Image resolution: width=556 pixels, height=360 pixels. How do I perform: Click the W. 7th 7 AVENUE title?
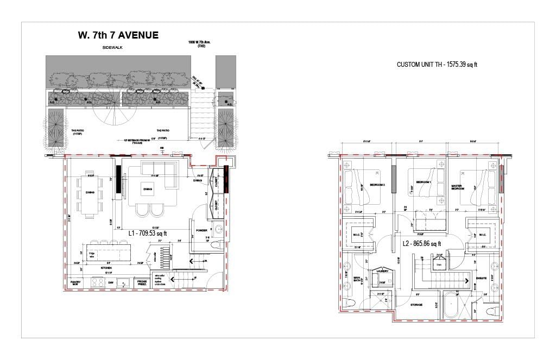(118, 36)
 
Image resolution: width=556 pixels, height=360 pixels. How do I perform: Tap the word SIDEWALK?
(113, 48)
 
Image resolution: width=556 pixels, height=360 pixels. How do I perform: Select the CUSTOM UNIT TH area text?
(437, 65)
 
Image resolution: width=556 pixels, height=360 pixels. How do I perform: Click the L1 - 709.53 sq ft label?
(148, 233)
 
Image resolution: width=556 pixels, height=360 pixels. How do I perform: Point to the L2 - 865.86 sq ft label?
(422, 244)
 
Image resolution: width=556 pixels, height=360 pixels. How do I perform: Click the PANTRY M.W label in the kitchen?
(75, 283)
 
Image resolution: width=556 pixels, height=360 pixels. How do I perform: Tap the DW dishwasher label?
(111, 283)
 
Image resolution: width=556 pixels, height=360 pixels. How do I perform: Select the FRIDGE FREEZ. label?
(142, 282)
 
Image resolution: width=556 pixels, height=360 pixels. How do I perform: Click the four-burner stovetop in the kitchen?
(98, 282)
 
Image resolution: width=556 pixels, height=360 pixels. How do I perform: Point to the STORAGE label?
(416, 305)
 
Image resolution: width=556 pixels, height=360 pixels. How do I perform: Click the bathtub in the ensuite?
(451, 305)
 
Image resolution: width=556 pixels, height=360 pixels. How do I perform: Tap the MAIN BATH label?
(357, 280)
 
